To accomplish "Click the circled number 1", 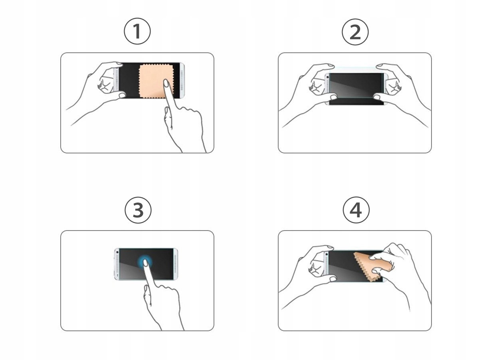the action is click(137, 31).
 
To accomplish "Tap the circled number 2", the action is click(355, 32).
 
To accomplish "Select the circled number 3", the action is click(138, 210).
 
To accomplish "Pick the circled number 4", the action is click(356, 210).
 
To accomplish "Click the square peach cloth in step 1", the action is click(156, 81).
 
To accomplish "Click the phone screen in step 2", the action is click(356, 89).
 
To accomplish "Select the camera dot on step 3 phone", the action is click(117, 252).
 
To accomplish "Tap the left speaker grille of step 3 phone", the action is click(117, 265).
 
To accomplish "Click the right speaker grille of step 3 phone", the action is click(175, 264).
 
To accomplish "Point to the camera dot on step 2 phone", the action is click(328, 77).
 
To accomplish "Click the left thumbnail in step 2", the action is click(333, 97).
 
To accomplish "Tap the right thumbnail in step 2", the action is click(377, 97).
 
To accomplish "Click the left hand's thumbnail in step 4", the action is click(333, 279).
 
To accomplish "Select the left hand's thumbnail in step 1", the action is click(122, 95).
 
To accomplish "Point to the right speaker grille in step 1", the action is click(182, 80).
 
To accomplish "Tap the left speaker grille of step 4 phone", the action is click(327, 266).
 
